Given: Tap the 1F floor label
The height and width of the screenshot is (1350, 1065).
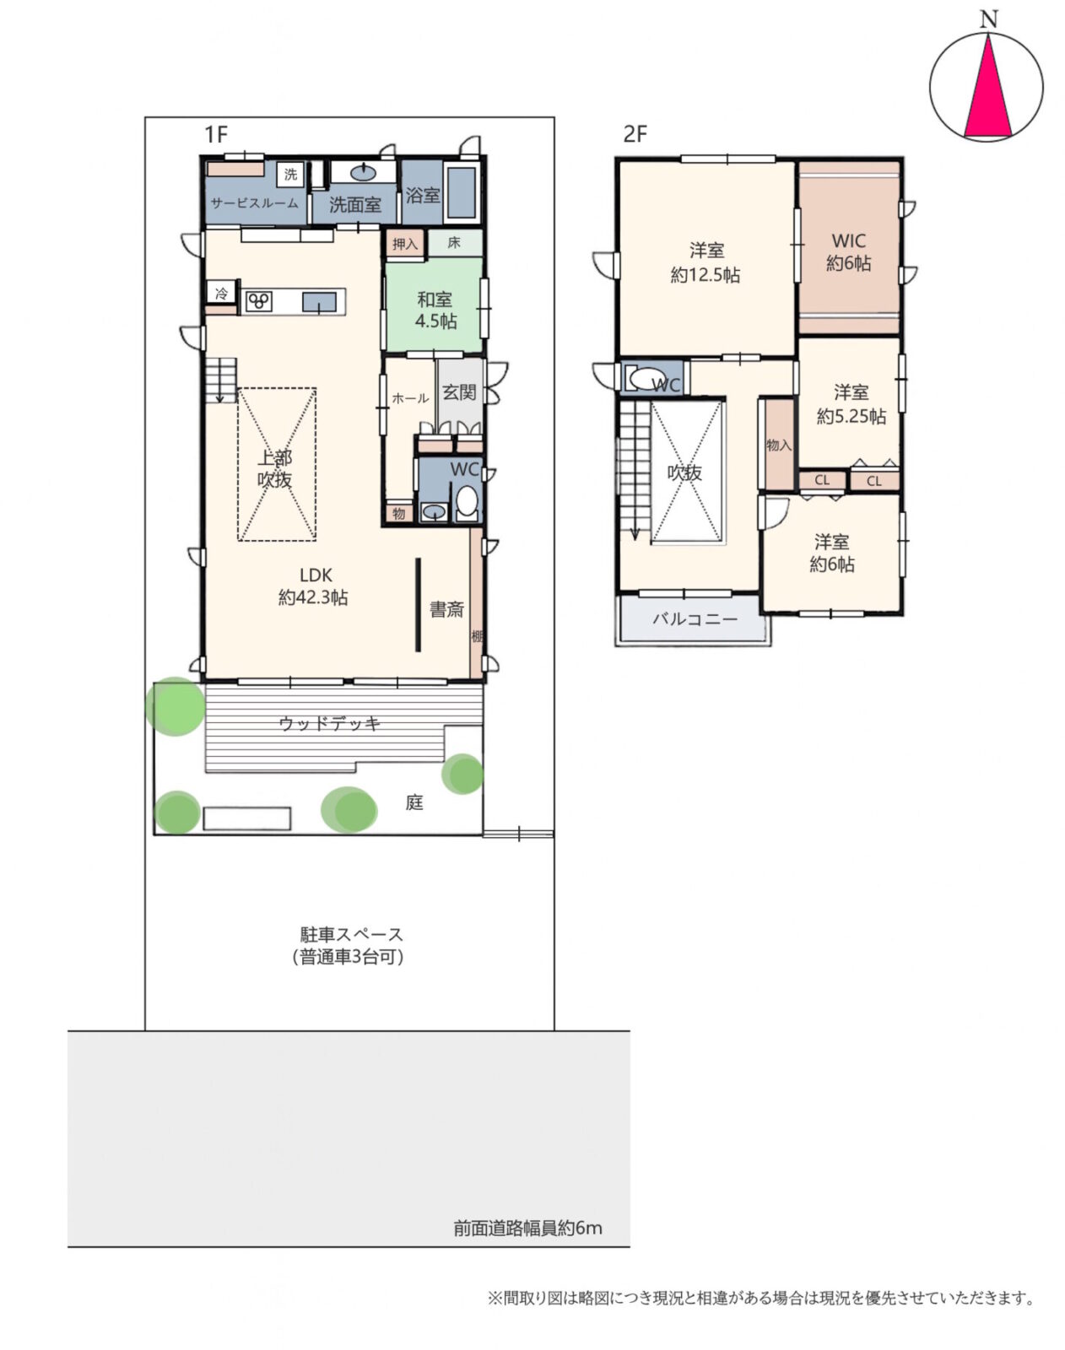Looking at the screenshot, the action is [216, 134].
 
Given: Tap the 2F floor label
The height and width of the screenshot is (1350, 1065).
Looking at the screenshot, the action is [635, 134].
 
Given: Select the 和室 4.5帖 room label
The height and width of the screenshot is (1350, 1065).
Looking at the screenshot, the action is [435, 310].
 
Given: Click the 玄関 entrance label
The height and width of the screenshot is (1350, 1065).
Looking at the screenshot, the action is [459, 392].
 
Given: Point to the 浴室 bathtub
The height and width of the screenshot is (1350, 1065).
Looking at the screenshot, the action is [462, 192].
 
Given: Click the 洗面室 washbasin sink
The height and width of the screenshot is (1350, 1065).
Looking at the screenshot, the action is [364, 171].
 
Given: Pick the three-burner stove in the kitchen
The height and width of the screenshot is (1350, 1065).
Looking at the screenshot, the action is [258, 302].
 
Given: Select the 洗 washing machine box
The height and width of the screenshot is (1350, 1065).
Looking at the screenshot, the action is [290, 174].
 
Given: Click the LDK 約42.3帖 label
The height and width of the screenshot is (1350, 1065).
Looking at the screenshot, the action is [314, 586].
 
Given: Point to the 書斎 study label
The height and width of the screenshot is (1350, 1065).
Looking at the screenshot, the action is [446, 609].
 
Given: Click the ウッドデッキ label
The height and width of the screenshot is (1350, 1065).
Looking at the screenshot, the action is [329, 723].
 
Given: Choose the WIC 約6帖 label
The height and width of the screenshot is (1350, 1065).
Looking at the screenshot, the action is [848, 251].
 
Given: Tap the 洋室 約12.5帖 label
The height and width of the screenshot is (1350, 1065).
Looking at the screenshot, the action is [705, 263].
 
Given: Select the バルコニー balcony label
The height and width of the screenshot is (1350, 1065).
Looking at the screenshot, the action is [695, 619].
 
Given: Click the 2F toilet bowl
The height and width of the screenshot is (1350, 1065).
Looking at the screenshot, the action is [645, 380].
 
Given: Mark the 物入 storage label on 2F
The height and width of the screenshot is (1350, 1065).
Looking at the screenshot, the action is [778, 445].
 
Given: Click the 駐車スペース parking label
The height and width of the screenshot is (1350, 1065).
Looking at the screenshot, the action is [351, 934].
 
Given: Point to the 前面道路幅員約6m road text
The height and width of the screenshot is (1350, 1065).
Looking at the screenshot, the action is [527, 1228].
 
